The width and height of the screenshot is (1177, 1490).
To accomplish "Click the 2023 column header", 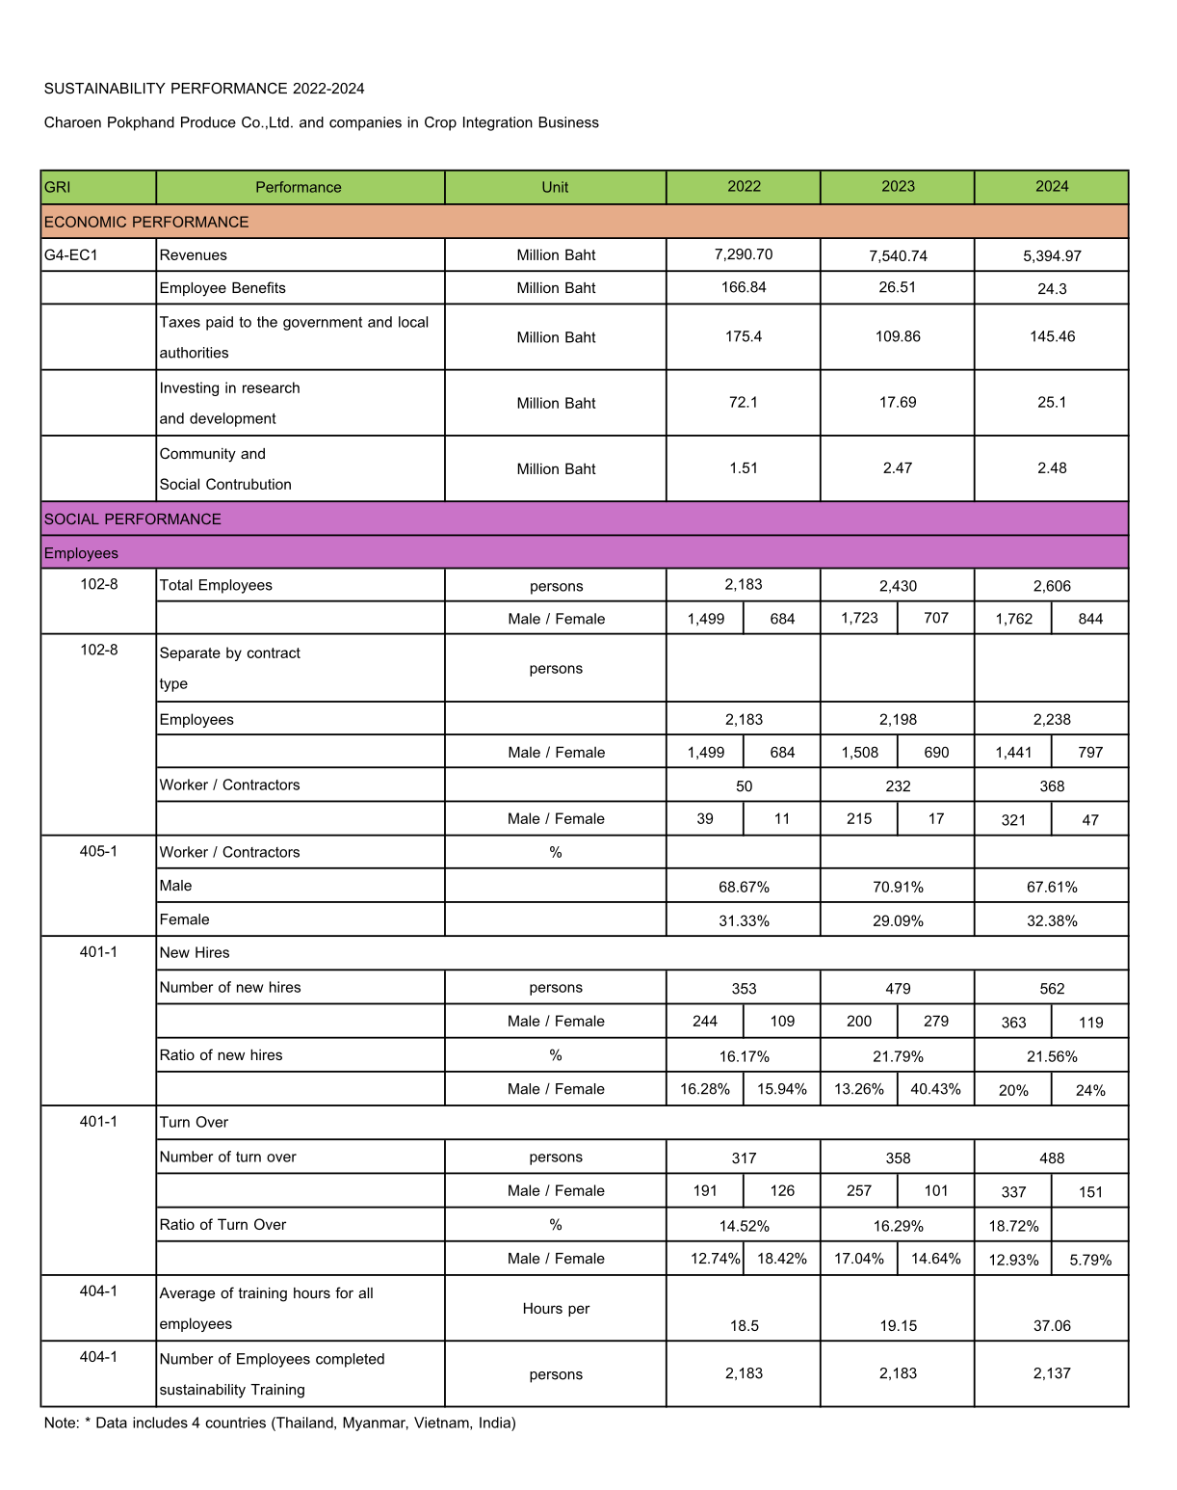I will [x=898, y=187].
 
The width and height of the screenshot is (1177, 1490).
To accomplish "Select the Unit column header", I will [x=555, y=188].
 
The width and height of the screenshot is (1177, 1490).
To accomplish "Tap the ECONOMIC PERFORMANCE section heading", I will [x=146, y=222].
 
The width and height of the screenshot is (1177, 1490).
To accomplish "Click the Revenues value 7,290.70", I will [x=744, y=254].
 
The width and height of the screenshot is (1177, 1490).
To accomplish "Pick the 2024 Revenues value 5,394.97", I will [x=1052, y=256].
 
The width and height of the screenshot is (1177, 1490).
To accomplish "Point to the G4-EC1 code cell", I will [x=71, y=255].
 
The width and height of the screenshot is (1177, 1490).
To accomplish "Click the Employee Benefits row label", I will [x=222, y=288].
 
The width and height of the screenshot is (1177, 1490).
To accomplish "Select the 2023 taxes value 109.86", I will [x=898, y=336].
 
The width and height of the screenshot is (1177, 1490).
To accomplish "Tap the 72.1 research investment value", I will [x=744, y=402].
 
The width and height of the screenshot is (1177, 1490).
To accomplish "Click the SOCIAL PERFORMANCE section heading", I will [x=133, y=519].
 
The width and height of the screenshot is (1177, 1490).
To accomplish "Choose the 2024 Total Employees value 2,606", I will [x=1052, y=586].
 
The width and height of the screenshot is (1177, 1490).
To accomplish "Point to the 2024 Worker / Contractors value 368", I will [x=1052, y=786].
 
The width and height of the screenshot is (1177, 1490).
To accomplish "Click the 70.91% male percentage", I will [x=898, y=887].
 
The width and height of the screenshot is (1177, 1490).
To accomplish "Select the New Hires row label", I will [x=195, y=952].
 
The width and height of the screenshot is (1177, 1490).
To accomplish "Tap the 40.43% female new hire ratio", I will [x=936, y=1089].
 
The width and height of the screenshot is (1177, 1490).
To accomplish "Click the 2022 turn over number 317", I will [x=744, y=1158].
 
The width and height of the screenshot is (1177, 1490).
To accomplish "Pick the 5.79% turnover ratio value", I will [x=1090, y=1260].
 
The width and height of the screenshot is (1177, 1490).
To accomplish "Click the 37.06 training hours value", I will [x=1052, y=1326].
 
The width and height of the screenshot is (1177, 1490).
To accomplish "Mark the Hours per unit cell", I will [x=556, y=1309].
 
